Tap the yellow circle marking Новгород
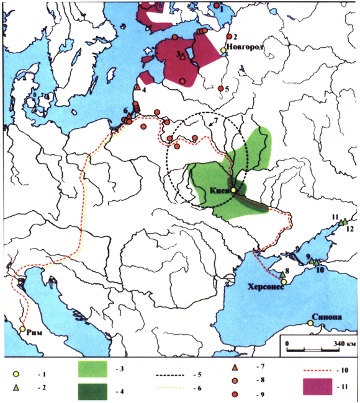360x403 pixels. [x=223, y=50]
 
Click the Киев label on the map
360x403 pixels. [x=220, y=191]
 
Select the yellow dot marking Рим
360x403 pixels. [x=23, y=329]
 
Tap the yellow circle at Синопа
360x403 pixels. [x=309, y=323]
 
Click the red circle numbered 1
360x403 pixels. [x=217, y=6]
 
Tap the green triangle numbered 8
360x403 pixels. [x=283, y=275]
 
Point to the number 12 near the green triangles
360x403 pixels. [x=349, y=229]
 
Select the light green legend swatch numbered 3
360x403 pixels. [x=94, y=370]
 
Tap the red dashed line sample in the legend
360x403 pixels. [x=317, y=370]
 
